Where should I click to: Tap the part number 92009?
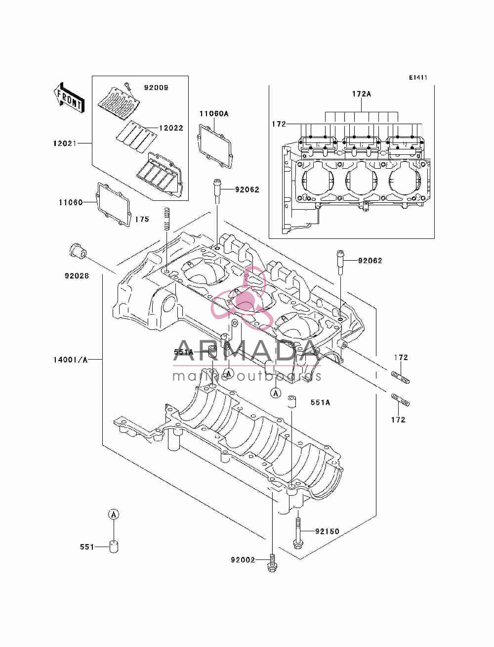156,88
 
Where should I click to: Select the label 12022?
171,128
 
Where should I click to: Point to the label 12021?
65,143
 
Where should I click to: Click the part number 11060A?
214,114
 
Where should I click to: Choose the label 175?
142,219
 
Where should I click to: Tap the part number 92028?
77,276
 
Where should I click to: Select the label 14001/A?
70,360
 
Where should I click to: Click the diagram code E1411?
418,78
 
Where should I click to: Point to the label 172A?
362,94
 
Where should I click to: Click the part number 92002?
243,560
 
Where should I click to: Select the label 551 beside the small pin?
87,547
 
